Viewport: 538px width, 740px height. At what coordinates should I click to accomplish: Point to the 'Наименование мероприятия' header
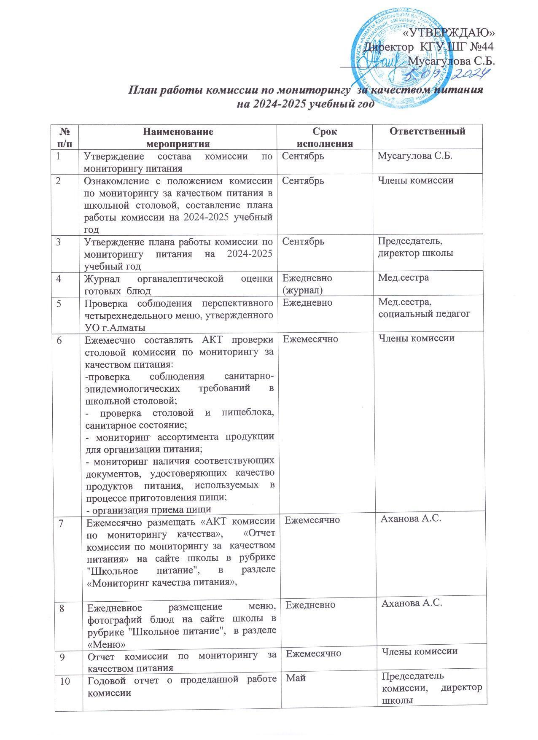pos(178,137)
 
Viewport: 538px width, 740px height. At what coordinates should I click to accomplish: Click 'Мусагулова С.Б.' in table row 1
pos(415,156)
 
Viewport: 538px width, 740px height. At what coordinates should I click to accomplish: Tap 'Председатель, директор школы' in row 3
pos(415,247)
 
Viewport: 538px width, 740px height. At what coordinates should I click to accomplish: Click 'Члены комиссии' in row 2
pos(415,180)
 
